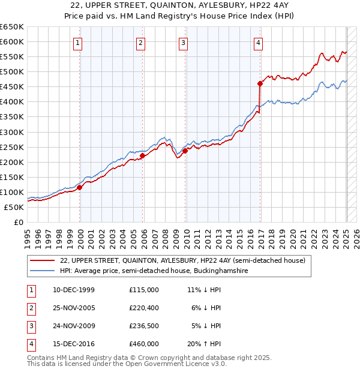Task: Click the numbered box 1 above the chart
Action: (79, 42)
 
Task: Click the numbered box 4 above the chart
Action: (257, 42)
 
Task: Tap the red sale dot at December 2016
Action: (260, 83)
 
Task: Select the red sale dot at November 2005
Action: (142, 156)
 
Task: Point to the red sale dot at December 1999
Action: (80, 187)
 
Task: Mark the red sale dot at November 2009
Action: (185, 151)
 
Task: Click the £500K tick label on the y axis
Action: (11, 72)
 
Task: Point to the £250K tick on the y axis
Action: (11, 147)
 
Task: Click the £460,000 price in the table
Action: (144, 344)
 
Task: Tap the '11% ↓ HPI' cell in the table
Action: (205, 290)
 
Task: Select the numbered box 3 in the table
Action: (31, 326)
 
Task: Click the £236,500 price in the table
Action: (144, 326)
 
